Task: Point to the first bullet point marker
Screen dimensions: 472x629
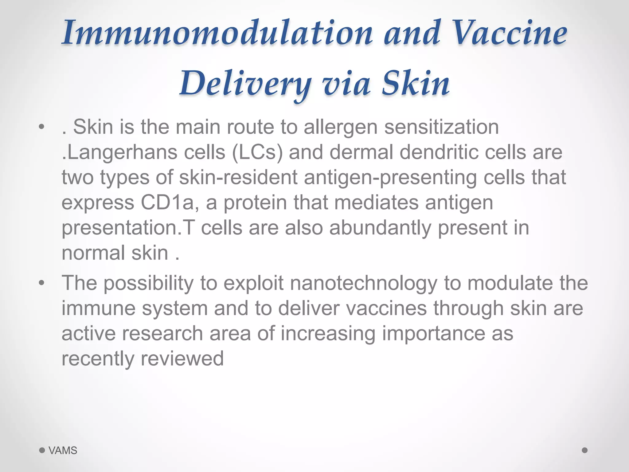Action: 42,127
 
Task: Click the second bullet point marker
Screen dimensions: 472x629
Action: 42,283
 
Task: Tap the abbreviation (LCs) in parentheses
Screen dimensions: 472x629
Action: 257,152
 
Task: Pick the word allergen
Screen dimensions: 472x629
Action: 340,127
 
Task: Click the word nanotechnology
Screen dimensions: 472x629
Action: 363,283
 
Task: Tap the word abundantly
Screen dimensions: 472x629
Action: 380,228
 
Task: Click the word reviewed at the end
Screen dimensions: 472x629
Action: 182,359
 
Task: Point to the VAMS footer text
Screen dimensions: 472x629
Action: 63,450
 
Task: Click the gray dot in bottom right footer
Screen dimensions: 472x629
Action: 585,450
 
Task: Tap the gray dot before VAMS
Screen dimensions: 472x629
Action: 42,450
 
